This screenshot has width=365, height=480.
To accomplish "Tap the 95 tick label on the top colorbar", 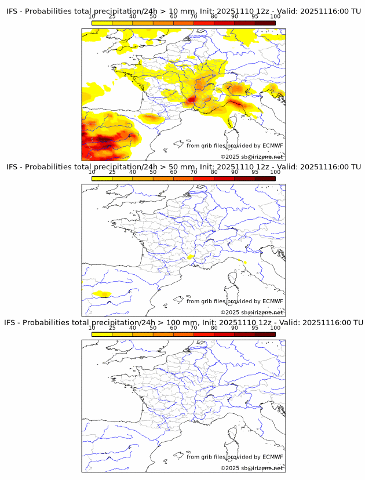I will coord(255,16).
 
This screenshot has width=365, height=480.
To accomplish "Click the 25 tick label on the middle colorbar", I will coord(112,172).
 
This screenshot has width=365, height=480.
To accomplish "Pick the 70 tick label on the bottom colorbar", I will coord(194,328).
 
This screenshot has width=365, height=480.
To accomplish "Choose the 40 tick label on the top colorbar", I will coord(133,16).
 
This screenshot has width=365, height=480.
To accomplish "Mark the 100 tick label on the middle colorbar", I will coord(275,172).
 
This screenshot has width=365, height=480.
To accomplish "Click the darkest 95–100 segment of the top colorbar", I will coord(265,23).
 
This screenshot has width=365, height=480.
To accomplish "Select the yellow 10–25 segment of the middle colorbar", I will coord(102,179).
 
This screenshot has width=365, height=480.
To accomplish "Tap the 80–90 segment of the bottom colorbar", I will coord(224,334).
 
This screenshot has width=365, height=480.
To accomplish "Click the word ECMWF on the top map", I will coord(273,146).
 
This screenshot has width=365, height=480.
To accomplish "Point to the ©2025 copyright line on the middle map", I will coord(251,312).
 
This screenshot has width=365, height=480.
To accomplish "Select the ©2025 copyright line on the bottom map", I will coord(251,468).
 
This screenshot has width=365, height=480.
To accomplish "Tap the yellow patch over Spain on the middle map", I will coord(102,293).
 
